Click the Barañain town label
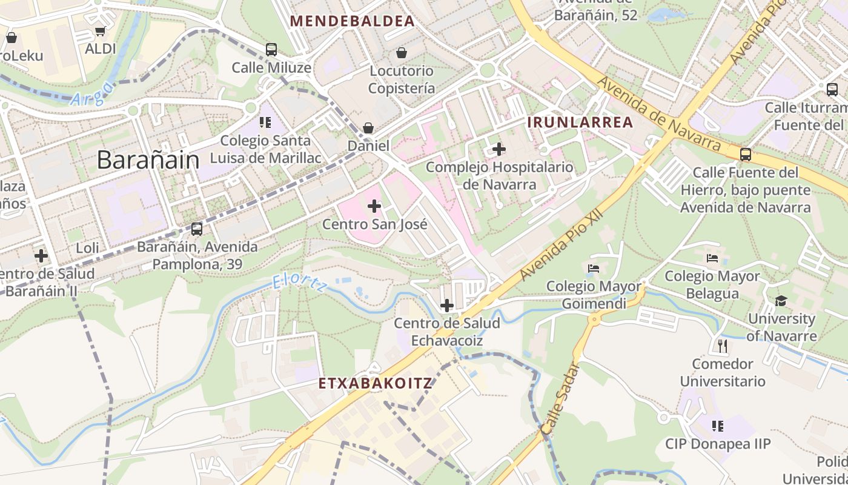pos(148,160)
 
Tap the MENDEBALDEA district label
pos(352,21)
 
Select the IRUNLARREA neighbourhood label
pos(580,122)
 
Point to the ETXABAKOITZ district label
pos(375,383)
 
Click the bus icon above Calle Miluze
pos(271,50)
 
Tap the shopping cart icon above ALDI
pos(100,31)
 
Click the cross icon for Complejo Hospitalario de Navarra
pos(499,149)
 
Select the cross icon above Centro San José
pos(374,206)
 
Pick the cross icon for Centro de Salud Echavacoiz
pos(446,305)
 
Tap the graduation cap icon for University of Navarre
pos(781,301)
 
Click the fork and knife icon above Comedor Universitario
pos(722,346)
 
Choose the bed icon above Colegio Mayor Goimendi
pos(594,268)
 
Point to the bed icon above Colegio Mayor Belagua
pos(712,258)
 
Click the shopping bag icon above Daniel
pos(368,128)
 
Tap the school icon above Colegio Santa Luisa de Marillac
pos(265,122)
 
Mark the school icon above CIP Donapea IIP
pos(718,426)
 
